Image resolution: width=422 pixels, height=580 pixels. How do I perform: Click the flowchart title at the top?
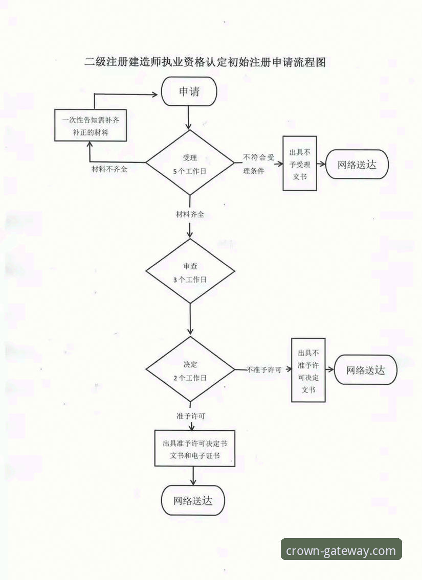coord(205,62)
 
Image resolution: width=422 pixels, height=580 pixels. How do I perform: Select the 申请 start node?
coord(189,91)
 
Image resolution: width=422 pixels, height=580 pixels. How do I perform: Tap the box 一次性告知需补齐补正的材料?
coord(91,125)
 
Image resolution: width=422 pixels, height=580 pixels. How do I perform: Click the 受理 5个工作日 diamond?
coord(190,163)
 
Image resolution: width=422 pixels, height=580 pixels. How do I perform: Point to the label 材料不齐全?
coord(109,170)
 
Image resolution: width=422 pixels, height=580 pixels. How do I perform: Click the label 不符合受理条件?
coord(259,164)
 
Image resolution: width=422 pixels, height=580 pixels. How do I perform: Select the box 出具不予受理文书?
coord(300,164)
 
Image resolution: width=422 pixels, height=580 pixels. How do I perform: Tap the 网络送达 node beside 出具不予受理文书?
coord(357,165)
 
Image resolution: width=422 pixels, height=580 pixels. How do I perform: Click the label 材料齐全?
coord(190,214)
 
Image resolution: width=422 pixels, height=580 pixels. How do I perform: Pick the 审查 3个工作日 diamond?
coord(190,271)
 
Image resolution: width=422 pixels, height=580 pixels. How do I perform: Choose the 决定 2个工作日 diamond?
coord(190,369)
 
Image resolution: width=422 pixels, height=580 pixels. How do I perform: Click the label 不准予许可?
coord(264,369)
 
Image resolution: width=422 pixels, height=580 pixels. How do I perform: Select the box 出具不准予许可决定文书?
coord(308,370)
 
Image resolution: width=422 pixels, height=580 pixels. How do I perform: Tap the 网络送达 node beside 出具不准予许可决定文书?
coord(366,370)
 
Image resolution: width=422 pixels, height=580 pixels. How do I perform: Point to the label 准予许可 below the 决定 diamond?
coord(191,416)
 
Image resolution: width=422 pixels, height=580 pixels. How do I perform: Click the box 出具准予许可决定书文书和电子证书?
coord(195,448)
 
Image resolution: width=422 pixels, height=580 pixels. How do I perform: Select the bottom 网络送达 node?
coord(193,500)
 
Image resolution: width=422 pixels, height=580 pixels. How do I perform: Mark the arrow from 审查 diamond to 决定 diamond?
coord(190,319)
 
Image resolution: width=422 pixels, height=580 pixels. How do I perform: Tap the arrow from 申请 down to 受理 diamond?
coord(189,118)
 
